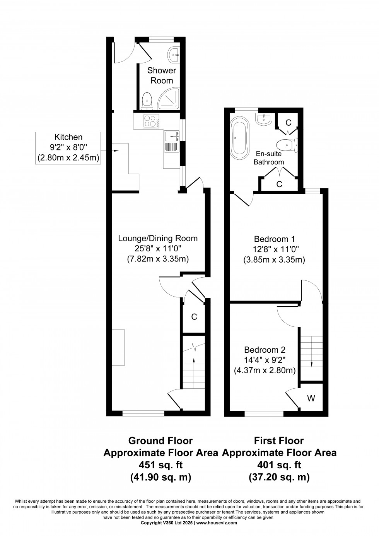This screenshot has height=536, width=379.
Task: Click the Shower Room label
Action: (161, 75)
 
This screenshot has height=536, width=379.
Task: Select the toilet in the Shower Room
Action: (147, 100)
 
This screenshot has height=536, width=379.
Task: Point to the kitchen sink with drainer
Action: (171, 142)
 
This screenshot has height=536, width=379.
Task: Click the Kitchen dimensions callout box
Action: (68, 148)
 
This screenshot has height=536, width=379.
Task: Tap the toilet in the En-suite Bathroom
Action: (288, 145)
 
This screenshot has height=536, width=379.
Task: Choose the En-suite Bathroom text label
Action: (269, 158)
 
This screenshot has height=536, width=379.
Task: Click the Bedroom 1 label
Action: (274, 239)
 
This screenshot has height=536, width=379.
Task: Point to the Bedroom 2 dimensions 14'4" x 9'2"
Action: (265, 360)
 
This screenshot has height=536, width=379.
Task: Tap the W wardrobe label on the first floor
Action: (311, 398)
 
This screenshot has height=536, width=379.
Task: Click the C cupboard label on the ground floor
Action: (195, 317)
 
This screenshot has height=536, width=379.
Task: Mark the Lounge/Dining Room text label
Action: (158, 238)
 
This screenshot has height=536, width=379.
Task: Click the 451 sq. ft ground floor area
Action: (160, 464)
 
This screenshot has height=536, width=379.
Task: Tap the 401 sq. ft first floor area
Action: (279, 464)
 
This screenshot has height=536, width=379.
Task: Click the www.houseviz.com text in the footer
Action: (217, 522)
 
